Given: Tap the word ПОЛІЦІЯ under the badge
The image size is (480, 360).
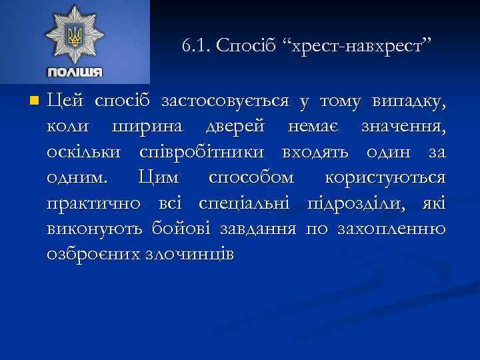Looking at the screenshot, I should coord(75,72).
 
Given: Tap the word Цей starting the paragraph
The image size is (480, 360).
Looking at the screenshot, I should coord(65,101).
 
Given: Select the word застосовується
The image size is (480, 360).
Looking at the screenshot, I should coord(225,101).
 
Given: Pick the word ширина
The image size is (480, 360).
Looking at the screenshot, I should coord(141,126).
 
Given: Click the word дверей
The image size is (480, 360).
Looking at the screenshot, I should coord(227,126).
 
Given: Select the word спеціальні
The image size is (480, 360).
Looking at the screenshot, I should coord(239,202).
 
